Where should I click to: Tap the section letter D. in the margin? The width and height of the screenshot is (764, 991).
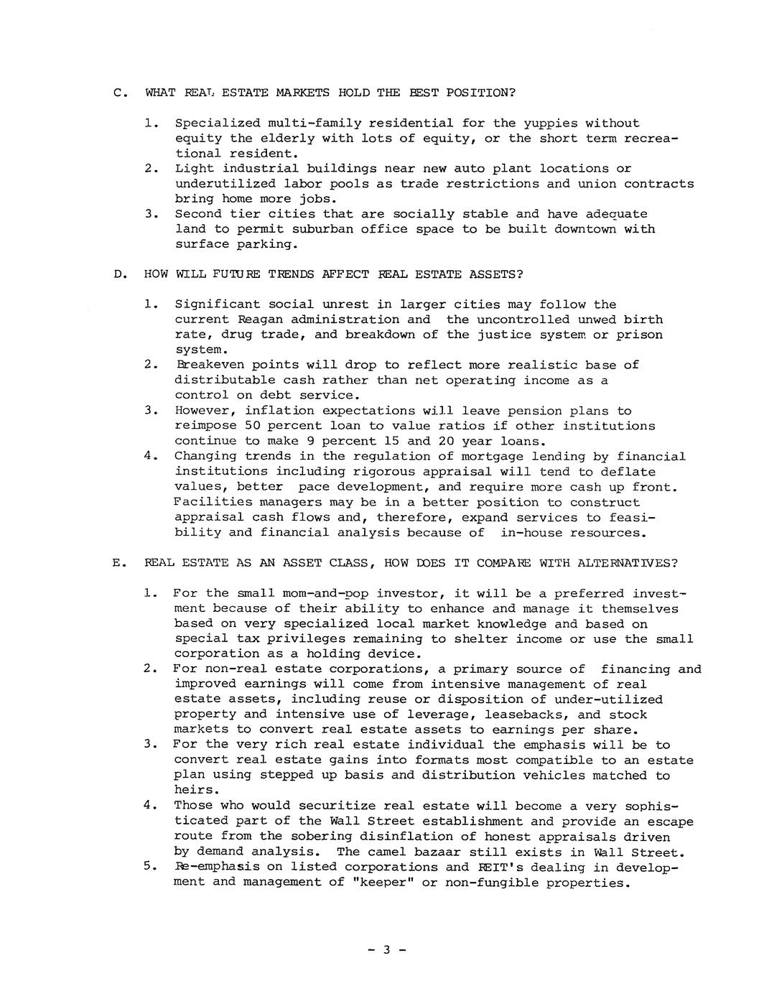pos(120,274)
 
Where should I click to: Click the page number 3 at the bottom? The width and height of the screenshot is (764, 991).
pos(386,950)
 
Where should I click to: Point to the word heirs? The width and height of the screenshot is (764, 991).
pos(194,790)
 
